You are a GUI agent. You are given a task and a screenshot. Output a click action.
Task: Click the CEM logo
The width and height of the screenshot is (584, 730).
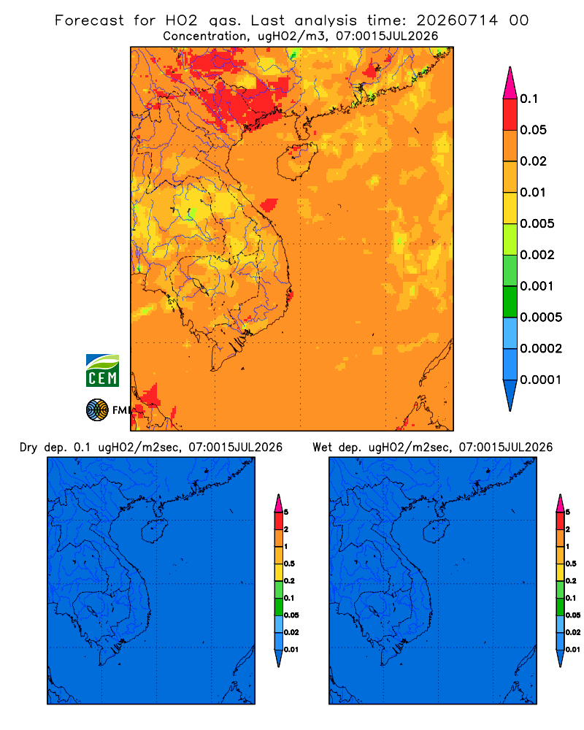click(102, 370)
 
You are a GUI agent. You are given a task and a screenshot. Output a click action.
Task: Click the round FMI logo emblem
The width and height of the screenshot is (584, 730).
click(97, 410)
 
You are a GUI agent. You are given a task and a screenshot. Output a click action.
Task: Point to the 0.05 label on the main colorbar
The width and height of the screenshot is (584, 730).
click(533, 130)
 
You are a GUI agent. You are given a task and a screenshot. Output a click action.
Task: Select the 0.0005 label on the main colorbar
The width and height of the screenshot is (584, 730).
click(541, 317)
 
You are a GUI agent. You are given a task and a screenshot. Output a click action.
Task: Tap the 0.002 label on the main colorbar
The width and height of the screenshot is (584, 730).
click(537, 255)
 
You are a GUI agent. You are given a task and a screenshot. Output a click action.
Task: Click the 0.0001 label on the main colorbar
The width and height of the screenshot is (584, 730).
click(540, 380)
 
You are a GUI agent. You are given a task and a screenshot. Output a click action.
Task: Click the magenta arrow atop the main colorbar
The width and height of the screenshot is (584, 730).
click(510, 82)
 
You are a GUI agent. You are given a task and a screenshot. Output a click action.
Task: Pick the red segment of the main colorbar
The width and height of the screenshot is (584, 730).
click(510, 115)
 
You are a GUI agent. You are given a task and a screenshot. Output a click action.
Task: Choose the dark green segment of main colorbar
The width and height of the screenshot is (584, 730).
click(510, 301)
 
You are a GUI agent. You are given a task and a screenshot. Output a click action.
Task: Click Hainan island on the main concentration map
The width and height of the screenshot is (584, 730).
click(296, 161)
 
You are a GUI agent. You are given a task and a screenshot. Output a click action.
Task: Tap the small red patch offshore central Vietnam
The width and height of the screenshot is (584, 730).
click(269, 205)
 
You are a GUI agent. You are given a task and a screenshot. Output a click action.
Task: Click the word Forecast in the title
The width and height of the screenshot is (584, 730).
click(89, 20)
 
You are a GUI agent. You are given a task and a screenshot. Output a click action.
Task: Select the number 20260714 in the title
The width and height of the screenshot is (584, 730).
click(457, 20)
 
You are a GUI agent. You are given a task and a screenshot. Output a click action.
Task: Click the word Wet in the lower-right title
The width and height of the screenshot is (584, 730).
click(322, 447)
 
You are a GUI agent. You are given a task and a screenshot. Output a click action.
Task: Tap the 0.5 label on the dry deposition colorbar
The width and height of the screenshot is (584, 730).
click(289, 564)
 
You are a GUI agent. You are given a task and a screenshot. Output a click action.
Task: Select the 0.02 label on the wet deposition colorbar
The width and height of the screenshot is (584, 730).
click(573, 632)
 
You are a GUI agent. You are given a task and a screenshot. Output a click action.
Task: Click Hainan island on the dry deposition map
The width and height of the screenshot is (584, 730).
click(154, 531)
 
